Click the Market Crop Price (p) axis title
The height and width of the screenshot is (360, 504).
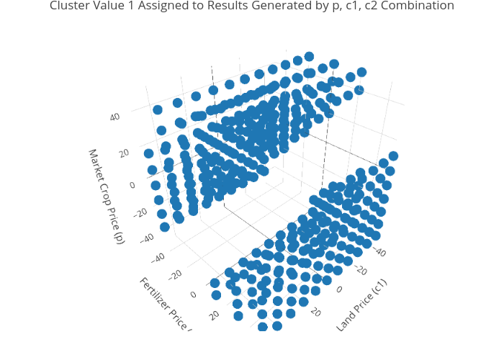pyautogui.click(x=107, y=196)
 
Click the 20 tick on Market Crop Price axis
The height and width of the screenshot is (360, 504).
pyautogui.click(x=122, y=152)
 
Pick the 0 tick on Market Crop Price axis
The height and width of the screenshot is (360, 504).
pyautogui.click(x=132, y=186)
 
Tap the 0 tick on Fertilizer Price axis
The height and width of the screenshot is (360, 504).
pyautogui.click(x=193, y=294)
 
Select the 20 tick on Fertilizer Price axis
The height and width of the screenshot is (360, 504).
pyautogui.click(x=214, y=315)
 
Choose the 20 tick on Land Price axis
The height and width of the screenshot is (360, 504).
pyautogui.click(x=314, y=312)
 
